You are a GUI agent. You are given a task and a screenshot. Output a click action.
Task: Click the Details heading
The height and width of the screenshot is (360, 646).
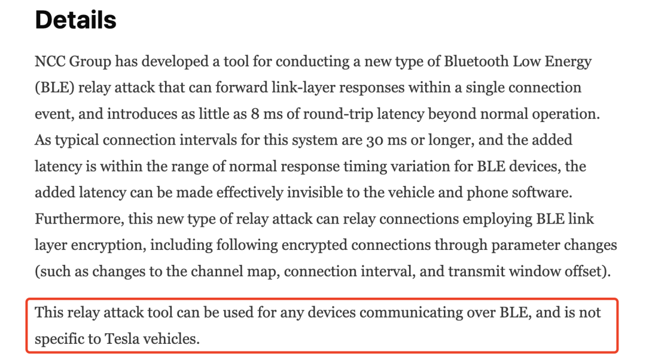point(75,20)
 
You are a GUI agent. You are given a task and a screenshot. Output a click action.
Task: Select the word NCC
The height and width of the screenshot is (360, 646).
point(51,61)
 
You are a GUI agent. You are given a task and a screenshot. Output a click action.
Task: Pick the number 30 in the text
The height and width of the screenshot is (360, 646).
point(373,140)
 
